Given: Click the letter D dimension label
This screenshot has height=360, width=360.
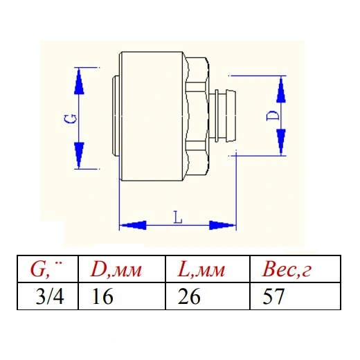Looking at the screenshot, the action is [272, 116].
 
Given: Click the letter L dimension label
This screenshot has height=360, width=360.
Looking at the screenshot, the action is [178, 217].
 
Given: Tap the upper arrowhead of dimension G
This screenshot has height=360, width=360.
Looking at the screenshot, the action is [79, 81].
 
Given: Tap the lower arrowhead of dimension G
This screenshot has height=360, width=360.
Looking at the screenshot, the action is [79, 155].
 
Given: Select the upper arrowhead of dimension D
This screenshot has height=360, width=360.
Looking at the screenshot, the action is [281, 89].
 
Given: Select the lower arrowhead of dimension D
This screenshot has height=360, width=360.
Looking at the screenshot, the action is [281, 142].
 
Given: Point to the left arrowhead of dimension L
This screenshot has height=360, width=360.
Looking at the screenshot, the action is [133, 225].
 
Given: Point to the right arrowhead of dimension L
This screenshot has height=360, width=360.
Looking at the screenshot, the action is [222, 225].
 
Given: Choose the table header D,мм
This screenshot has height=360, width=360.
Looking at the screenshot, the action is [116, 269].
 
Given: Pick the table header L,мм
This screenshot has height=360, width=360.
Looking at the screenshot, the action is [201, 269].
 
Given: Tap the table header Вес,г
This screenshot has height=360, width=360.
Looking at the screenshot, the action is [287, 269].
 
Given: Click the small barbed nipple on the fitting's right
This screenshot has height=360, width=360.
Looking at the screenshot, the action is [223, 116].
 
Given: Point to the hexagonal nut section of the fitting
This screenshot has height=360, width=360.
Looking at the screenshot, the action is [196, 116].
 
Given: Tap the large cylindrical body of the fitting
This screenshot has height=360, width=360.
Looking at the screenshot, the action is [151, 116].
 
